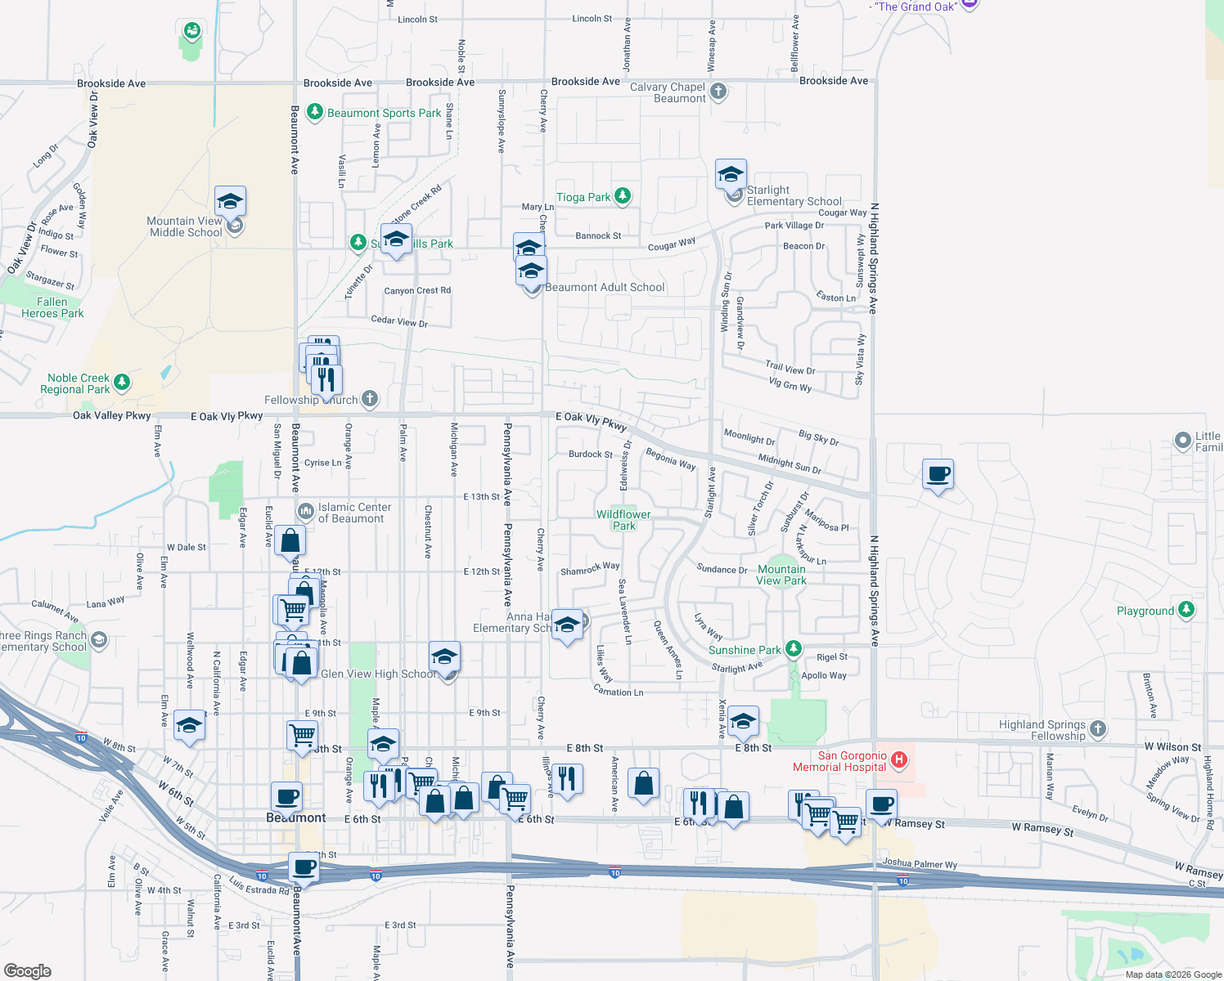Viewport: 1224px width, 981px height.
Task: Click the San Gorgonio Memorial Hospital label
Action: (x=839, y=762)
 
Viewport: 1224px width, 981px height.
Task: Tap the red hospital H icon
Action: (x=899, y=760)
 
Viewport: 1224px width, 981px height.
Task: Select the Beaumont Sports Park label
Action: (x=384, y=113)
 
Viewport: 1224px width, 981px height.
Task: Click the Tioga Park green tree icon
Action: (x=623, y=195)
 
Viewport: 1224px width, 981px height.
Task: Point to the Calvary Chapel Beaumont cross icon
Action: (x=718, y=91)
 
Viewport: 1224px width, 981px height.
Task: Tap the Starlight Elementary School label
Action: (x=794, y=195)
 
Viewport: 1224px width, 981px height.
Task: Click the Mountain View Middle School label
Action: (x=185, y=226)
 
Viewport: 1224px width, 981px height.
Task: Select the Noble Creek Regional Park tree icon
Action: (x=122, y=382)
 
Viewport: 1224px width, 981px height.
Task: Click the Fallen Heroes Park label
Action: (x=52, y=307)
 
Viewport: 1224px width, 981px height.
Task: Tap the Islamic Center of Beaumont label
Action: (x=354, y=513)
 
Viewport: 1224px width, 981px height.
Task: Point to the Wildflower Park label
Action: (x=623, y=520)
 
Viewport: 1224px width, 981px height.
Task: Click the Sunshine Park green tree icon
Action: (x=793, y=649)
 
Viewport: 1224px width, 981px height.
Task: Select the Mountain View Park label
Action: (x=781, y=575)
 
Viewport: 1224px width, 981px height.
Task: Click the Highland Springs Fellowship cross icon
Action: (x=1098, y=728)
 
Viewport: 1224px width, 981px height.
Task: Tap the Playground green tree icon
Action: (x=1186, y=610)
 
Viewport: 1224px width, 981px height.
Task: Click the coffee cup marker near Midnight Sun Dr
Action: (x=938, y=474)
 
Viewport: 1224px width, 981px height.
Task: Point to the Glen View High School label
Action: (x=378, y=674)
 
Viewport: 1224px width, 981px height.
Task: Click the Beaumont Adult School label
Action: (x=605, y=287)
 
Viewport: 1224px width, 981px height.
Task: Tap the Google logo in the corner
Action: (x=28, y=970)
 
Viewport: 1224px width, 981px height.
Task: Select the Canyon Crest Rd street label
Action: (x=417, y=290)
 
